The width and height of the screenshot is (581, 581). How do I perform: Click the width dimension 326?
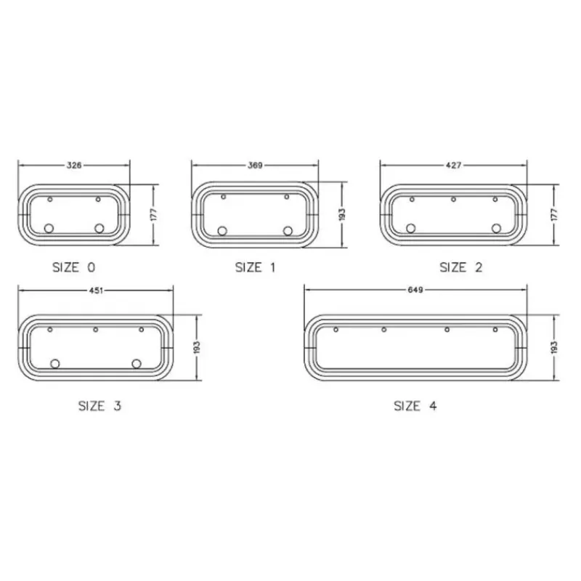[x=74, y=166]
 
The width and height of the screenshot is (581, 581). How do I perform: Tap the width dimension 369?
[x=255, y=166]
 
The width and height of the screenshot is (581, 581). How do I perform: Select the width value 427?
[x=453, y=166]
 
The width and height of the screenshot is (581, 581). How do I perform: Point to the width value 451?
[x=96, y=290]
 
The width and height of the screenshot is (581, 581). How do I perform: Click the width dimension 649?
[x=415, y=290]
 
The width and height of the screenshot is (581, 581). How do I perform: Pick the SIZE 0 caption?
[x=74, y=267]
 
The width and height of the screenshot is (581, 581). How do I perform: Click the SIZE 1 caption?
[x=256, y=267]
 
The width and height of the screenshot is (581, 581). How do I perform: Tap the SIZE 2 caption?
[x=461, y=267]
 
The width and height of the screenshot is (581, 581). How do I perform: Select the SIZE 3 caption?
[x=99, y=406]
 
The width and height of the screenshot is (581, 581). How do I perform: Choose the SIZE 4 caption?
[x=415, y=406]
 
